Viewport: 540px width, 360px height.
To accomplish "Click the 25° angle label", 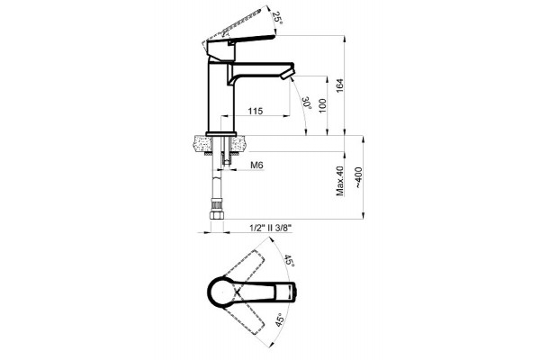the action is pyautogui.click(x=277, y=18).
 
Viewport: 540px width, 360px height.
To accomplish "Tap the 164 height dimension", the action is pyautogui.click(x=339, y=86).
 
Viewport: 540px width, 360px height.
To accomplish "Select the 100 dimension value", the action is pyautogui.click(x=322, y=106).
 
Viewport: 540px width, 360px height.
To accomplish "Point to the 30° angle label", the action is pyautogui.click(x=307, y=103).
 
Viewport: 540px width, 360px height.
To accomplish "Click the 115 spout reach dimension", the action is pyautogui.click(x=256, y=111).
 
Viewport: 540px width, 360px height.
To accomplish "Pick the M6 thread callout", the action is pyautogui.click(x=256, y=166).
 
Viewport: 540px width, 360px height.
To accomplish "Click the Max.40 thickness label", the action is pyautogui.click(x=340, y=181).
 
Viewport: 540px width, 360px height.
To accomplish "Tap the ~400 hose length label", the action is pyautogui.click(x=358, y=177).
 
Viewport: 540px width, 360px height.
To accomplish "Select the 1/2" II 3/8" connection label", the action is pyautogui.click(x=270, y=228).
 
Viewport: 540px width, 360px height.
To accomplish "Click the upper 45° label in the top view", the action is pyautogui.click(x=289, y=262).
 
